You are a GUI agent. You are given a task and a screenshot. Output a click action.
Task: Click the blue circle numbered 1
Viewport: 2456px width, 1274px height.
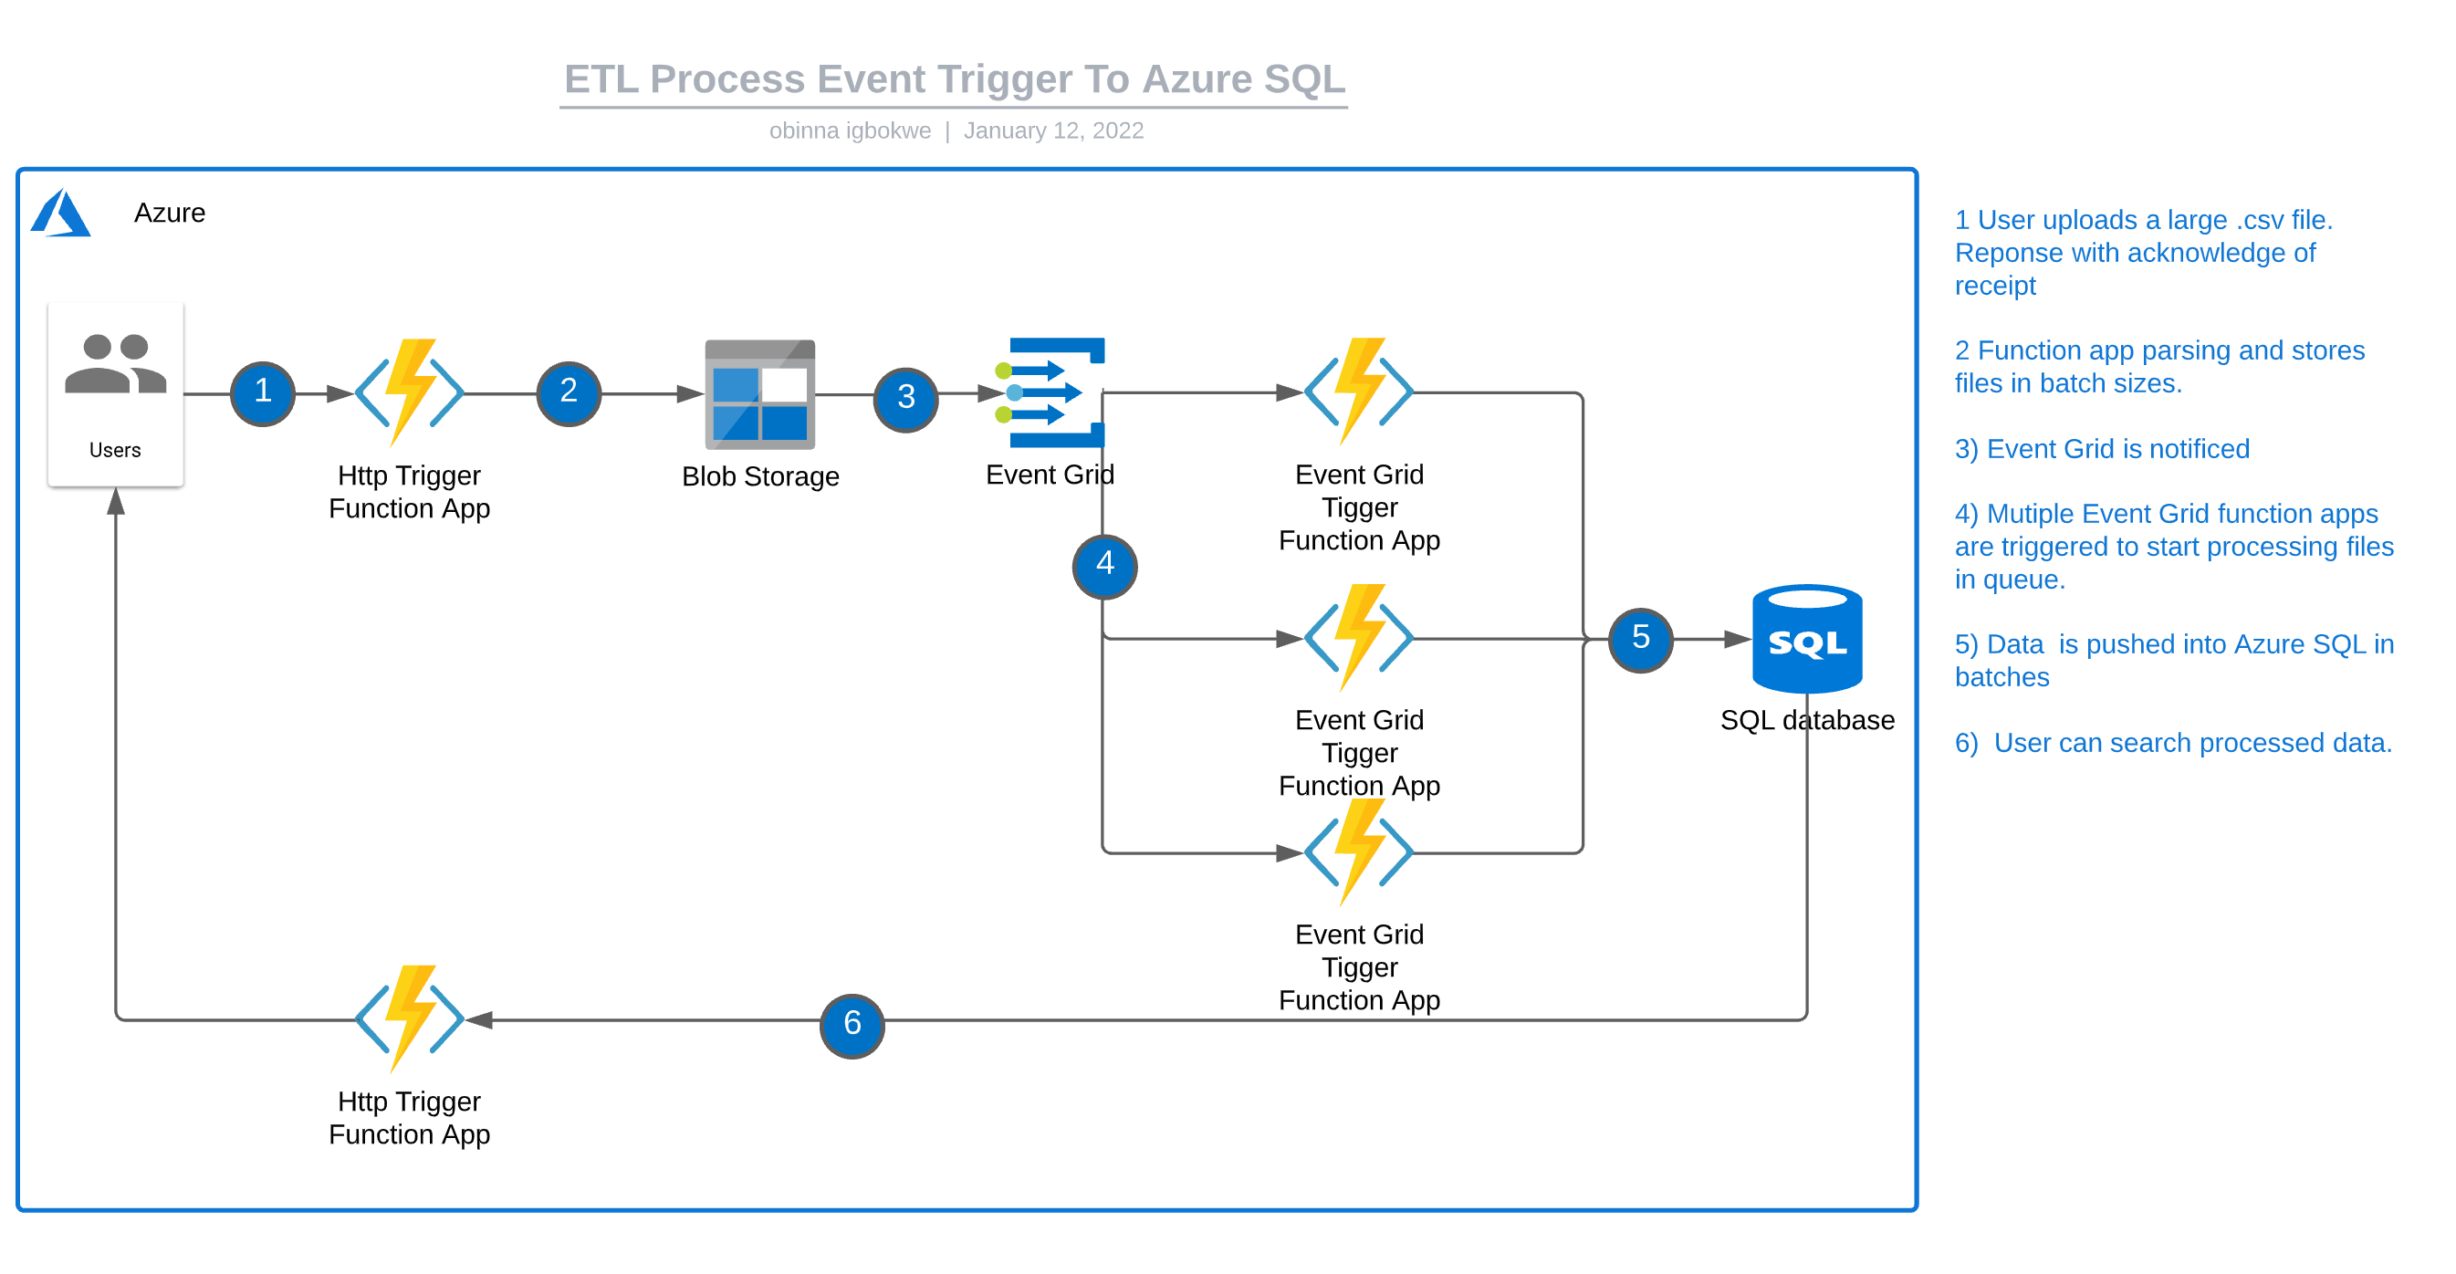click(262, 393)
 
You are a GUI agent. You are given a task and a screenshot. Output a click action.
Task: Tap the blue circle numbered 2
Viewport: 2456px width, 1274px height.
click(569, 393)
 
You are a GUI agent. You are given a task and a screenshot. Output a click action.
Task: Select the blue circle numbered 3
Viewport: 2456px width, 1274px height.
click(905, 399)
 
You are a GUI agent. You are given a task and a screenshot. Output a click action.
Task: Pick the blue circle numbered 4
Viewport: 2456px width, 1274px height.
click(1104, 566)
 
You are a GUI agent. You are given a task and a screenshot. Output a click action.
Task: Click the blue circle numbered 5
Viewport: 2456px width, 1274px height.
click(1640, 639)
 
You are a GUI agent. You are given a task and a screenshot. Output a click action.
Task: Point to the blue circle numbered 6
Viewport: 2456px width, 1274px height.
click(852, 1025)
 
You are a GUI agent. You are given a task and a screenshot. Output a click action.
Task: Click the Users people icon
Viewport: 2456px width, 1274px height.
click(115, 364)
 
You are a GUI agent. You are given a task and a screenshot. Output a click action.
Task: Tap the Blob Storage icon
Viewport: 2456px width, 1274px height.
click(760, 394)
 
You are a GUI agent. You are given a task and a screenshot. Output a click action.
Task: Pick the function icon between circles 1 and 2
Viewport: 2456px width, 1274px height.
click(409, 391)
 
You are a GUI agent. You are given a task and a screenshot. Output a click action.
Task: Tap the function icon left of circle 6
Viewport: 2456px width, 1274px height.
click(409, 1018)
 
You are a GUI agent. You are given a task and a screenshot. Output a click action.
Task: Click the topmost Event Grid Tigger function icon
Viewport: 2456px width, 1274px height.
click(1359, 390)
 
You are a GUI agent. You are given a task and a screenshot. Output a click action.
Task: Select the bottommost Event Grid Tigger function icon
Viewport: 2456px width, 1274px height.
click(1359, 851)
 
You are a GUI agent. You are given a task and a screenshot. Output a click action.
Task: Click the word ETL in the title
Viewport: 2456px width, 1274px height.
click(601, 79)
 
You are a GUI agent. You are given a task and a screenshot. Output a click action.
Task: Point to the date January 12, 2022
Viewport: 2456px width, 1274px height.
click(1052, 131)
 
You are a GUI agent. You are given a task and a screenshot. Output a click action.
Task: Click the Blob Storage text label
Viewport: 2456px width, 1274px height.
click(760, 475)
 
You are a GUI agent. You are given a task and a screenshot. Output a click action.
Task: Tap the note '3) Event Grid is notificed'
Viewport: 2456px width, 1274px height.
click(2101, 448)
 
